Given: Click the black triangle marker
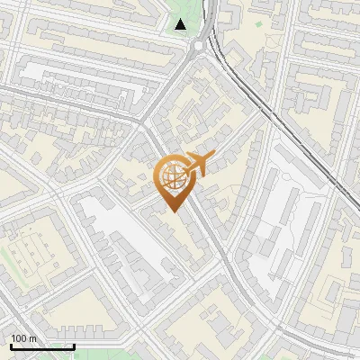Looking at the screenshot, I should pos(182,24).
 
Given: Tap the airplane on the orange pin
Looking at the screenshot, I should pos(196,165).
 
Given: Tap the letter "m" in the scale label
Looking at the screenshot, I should pos(32,338).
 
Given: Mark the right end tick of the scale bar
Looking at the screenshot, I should pos(74,346).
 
